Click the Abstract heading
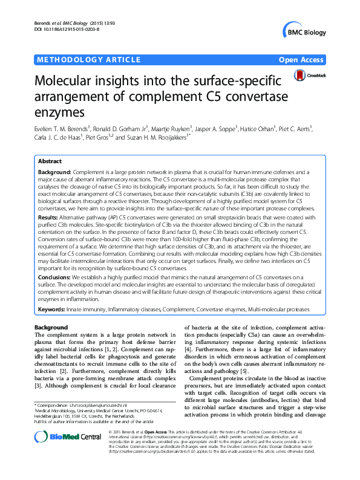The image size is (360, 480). [50, 161]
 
